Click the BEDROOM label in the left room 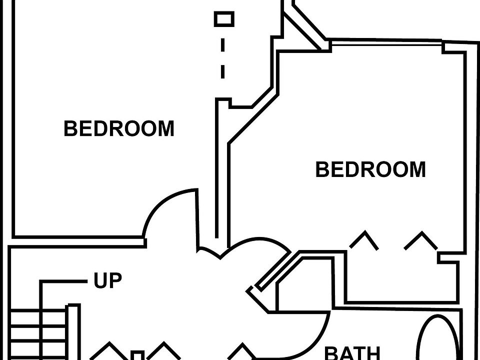[119, 129]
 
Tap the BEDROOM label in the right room [370, 170]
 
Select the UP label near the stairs [108, 281]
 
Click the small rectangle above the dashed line [224, 19]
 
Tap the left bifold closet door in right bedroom [363, 239]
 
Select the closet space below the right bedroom [400, 280]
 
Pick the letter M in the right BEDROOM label [415, 170]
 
